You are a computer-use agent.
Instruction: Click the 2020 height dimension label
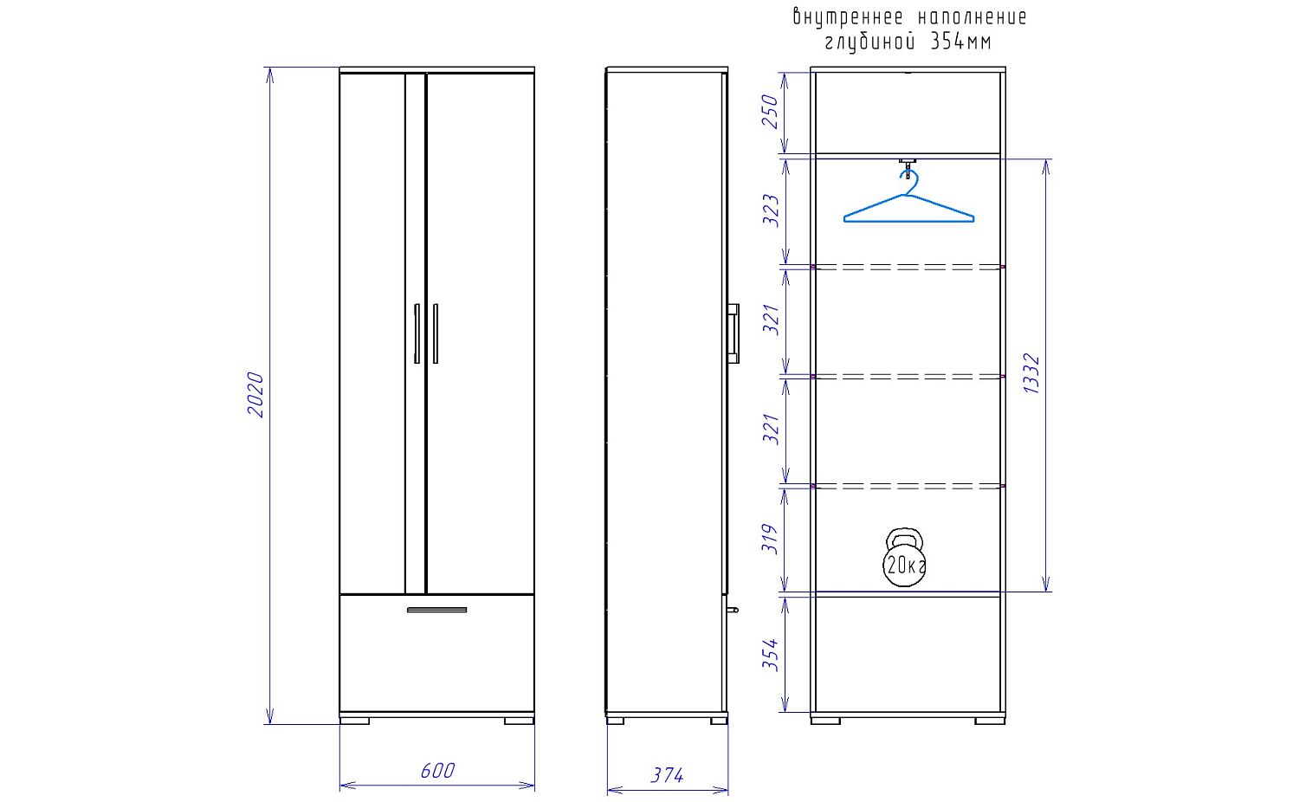(255, 394)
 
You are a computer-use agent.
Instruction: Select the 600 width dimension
(438, 771)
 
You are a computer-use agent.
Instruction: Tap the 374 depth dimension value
(667, 775)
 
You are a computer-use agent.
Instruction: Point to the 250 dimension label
(770, 112)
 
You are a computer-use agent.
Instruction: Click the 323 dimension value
(770, 210)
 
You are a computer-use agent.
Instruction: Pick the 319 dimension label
(770, 539)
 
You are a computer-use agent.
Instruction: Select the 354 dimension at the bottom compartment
(770, 655)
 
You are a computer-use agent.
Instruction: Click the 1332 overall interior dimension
(1031, 373)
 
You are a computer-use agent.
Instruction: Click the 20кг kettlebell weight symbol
(904, 557)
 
